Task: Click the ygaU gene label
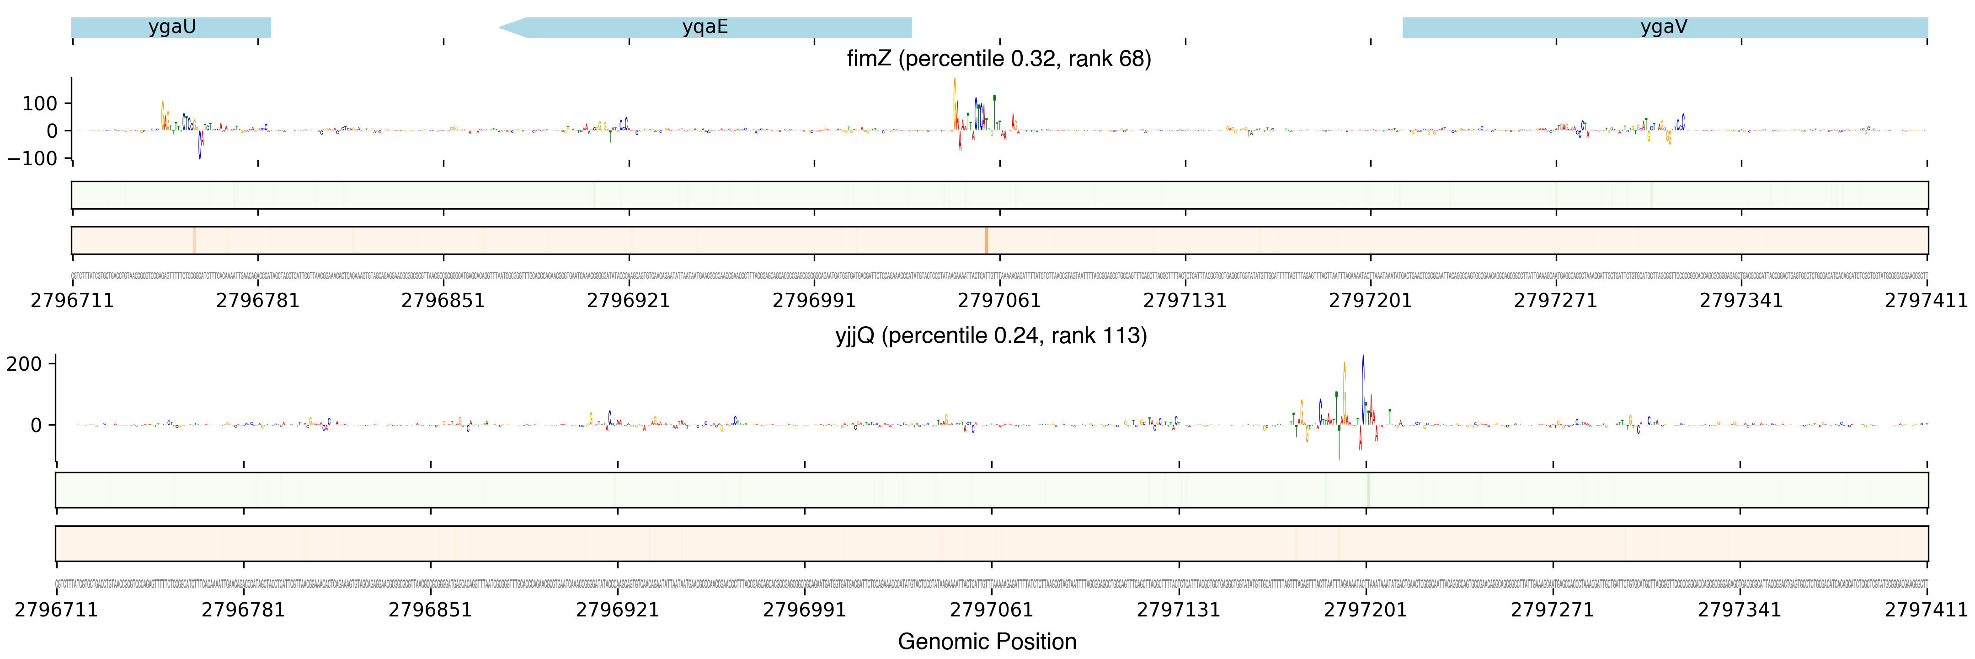click(172, 27)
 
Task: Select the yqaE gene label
click(705, 27)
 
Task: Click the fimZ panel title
click(998, 59)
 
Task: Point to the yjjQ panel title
click(991, 336)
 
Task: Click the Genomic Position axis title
click(987, 641)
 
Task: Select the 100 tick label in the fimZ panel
click(40, 103)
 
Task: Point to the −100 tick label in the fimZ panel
click(32, 159)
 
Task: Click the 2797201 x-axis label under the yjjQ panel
click(1366, 610)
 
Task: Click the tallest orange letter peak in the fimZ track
click(955, 100)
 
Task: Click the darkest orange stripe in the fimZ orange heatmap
click(986, 240)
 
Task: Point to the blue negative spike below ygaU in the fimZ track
click(200, 147)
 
